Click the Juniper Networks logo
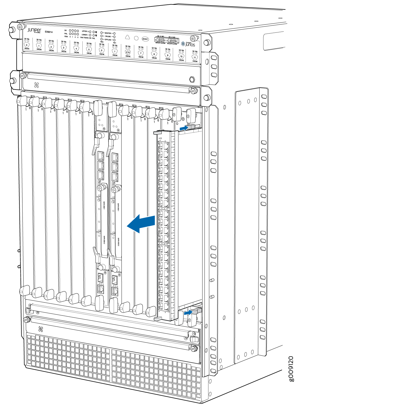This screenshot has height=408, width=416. coord(34,30)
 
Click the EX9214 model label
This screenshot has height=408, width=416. coord(49,32)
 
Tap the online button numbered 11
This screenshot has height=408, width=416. coord(195,58)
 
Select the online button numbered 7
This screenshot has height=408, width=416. coord(141,53)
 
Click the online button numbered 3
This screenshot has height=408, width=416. coord(64,48)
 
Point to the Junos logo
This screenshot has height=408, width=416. coord(188,44)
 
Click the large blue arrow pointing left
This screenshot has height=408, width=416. coord(141,223)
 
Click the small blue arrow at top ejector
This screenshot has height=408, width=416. coord(184,128)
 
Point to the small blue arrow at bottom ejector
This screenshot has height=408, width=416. coord(188,312)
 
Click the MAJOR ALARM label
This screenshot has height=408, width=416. coord(172,44)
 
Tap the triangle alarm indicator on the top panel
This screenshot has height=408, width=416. coord(127,37)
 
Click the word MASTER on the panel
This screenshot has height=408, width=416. coord(108,33)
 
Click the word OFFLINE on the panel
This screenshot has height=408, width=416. coord(108,40)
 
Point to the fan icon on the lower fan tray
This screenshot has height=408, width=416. coord(41,329)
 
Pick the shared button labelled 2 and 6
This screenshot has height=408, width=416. coord(128,52)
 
